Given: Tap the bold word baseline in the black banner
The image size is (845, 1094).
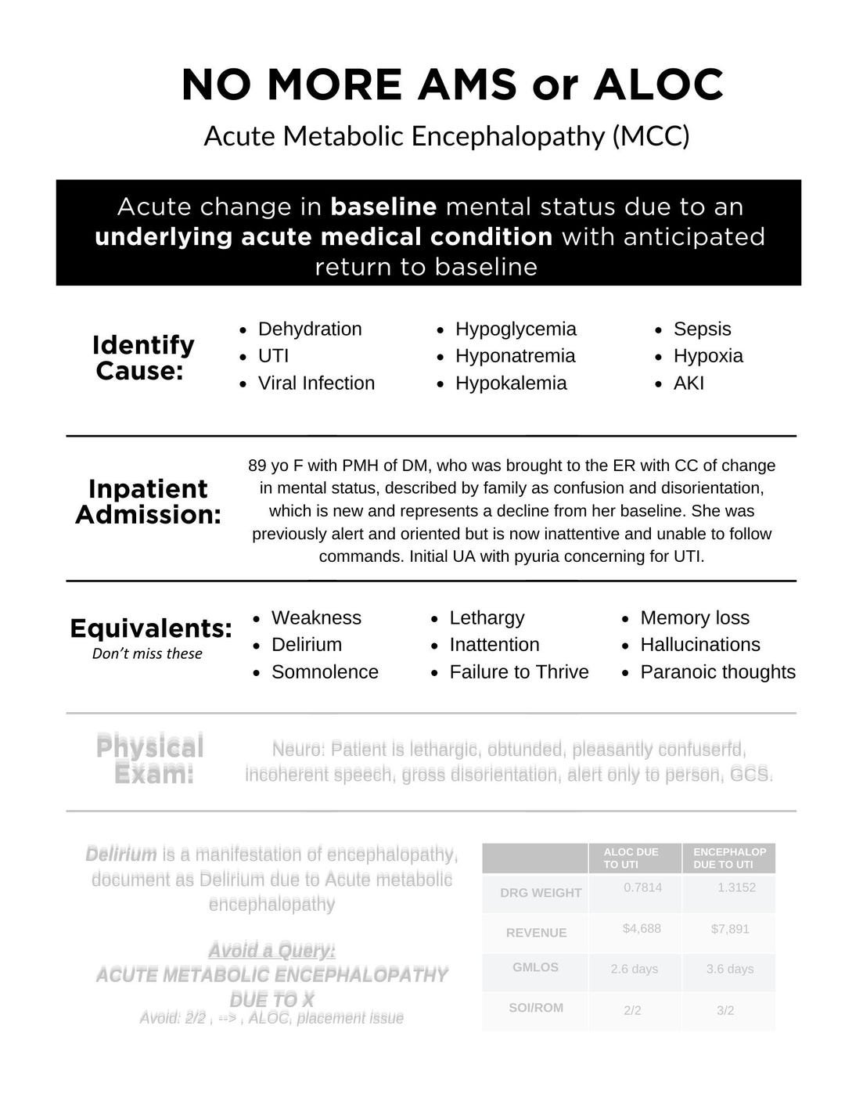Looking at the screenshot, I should [383, 207].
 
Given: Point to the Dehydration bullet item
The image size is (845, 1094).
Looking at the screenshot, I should [310, 329].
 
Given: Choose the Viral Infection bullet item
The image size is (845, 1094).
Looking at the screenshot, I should [316, 383].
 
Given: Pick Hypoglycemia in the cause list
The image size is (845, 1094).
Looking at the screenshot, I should [516, 329].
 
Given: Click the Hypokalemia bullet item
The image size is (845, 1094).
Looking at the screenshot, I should [511, 383].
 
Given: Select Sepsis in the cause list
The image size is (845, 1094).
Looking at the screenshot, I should [702, 329].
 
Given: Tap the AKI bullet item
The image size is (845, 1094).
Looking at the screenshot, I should [689, 383].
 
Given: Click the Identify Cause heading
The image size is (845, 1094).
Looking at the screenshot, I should [143, 357].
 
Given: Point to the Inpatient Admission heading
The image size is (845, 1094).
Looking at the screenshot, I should [148, 501].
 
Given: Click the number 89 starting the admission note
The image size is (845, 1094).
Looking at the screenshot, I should [257, 466].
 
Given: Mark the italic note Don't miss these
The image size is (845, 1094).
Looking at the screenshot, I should [147, 653].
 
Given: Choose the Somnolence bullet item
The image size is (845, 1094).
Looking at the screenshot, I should [325, 671].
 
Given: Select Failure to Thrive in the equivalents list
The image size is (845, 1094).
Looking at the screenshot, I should [519, 671].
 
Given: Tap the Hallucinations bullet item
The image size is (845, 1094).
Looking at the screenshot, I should [700, 644].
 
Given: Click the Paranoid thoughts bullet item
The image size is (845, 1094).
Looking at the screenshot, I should [717, 671].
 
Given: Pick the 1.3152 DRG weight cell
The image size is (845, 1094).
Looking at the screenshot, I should [736, 887].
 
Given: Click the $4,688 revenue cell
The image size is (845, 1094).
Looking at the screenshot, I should [642, 928].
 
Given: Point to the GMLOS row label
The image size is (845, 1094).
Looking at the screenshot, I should [535, 967].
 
